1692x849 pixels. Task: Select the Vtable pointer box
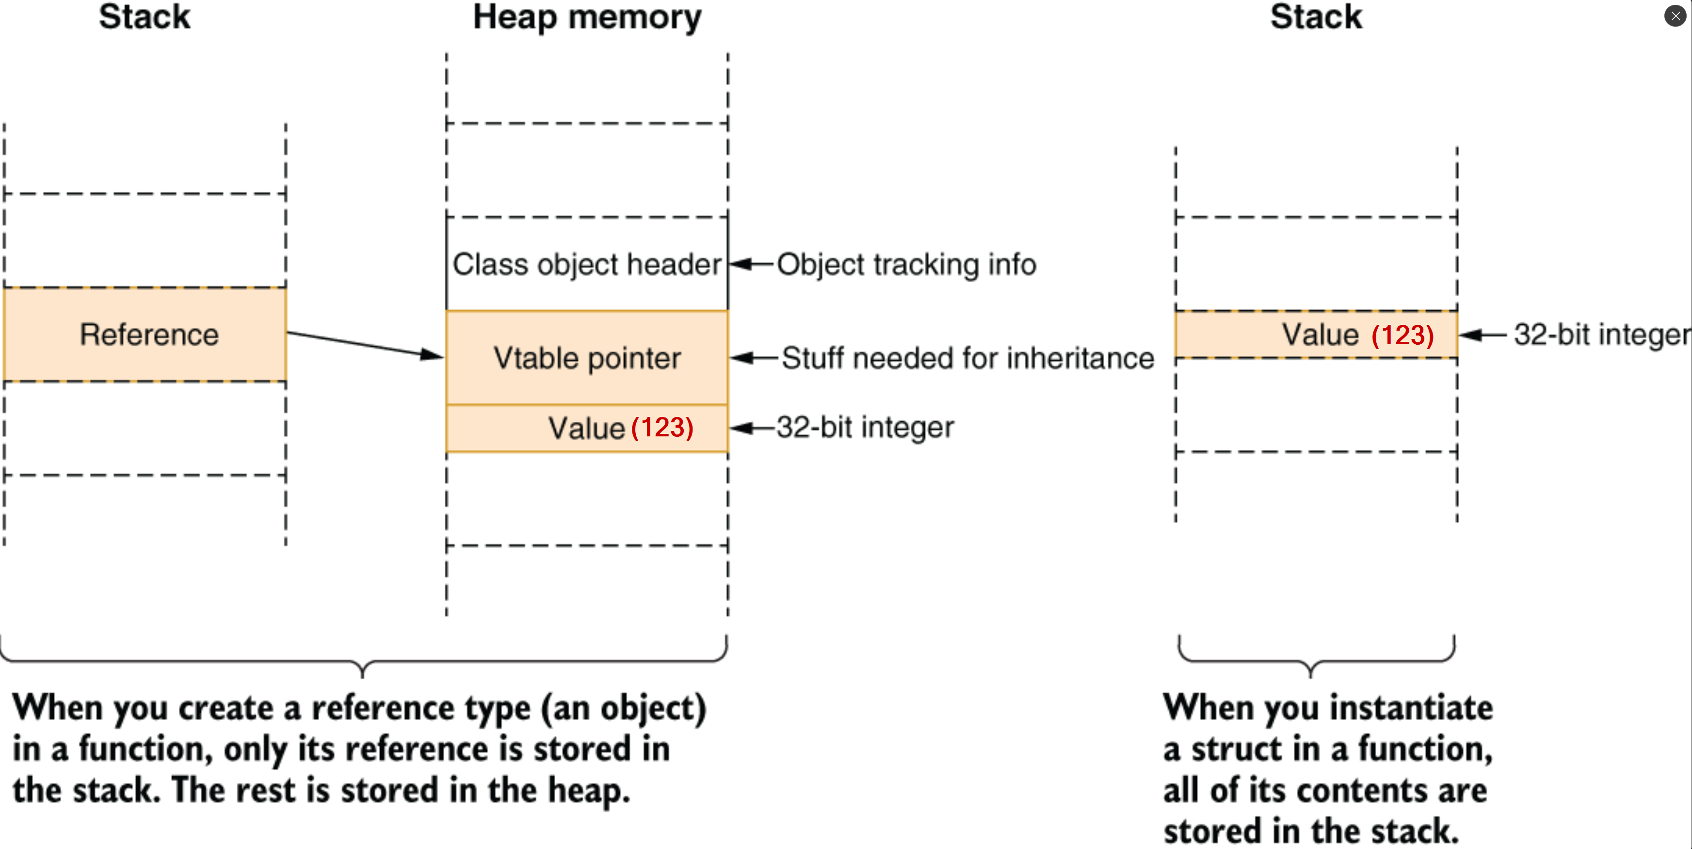[x=587, y=358]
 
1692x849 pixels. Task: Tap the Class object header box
[x=587, y=264]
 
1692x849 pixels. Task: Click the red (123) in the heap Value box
[x=662, y=428]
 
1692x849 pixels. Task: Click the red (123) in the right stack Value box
[x=1402, y=335]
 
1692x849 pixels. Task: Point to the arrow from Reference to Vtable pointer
[x=365, y=344]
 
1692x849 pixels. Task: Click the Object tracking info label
[x=906, y=264]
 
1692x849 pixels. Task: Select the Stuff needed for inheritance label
[x=967, y=358]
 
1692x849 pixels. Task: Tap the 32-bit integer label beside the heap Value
[x=865, y=428]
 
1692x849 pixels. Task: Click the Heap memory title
[x=587, y=17]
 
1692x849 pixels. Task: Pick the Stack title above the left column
[x=145, y=17]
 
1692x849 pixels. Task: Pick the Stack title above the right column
[x=1316, y=17]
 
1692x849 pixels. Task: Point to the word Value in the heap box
[x=586, y=428]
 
